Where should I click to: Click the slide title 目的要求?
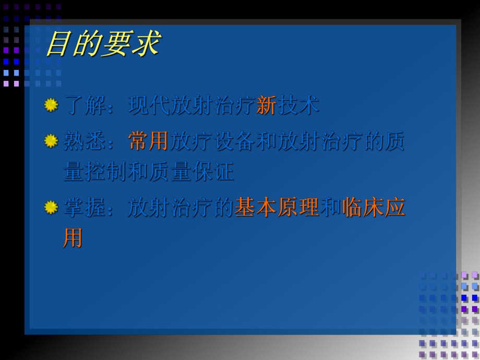tap(103, 44)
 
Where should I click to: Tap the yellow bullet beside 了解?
tap(51, 105)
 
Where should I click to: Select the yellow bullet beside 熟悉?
tap(51, 141)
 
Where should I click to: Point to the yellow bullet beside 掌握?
tap(51, 207)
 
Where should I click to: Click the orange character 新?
tap(266, 105)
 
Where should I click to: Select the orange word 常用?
tap(149, 141)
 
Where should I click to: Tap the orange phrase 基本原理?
tap(277, 207)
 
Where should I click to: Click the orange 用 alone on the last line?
tap(74, 238)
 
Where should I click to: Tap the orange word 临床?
tap(363, 207)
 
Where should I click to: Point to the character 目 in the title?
tap(58, 44)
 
